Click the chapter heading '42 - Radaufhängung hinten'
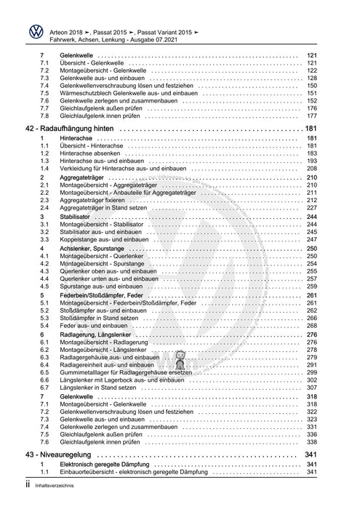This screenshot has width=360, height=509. coord(76,129)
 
